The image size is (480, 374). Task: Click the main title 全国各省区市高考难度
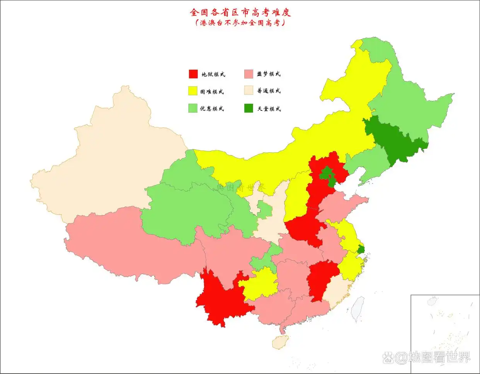pos(240,12)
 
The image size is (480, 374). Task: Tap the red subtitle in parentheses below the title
pos(240,23)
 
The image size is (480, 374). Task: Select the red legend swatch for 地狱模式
pos(193,74)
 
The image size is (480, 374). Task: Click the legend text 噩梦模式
pos(269,74)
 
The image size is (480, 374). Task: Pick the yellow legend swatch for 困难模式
pos(193,91)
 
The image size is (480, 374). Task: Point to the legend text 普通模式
pos(269,91)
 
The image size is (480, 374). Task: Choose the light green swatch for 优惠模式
pos(193,108)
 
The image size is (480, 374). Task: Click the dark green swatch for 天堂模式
pos(249,108)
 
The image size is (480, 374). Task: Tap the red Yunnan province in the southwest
pos(220,298)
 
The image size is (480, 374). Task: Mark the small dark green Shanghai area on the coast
pos(361,249)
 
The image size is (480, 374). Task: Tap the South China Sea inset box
pos(444,333)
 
